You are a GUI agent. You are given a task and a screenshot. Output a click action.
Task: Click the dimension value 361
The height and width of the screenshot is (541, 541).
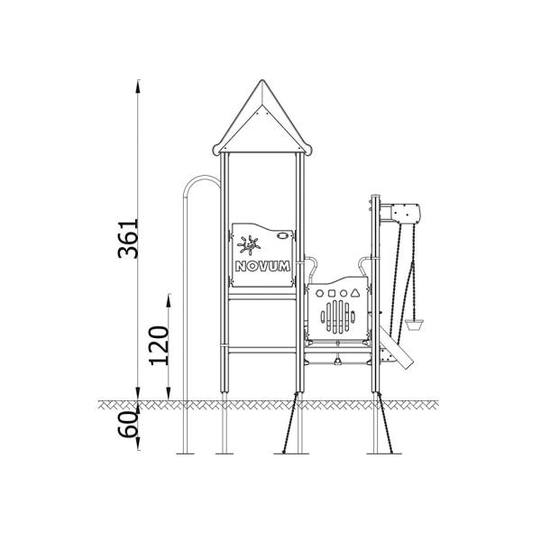tap(132, 238)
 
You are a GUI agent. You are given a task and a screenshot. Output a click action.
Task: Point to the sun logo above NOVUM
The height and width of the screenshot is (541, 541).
tap(250, 243)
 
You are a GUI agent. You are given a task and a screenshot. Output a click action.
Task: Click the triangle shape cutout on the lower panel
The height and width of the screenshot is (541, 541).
tap(357, 293)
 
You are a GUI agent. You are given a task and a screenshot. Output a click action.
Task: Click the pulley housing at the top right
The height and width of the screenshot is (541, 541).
tap(405, 212)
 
